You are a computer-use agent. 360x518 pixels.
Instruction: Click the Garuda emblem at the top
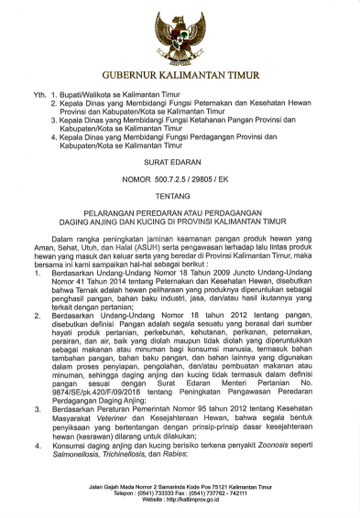tap(180, 33)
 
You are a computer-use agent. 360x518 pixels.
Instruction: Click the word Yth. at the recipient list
tap(39, 94)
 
